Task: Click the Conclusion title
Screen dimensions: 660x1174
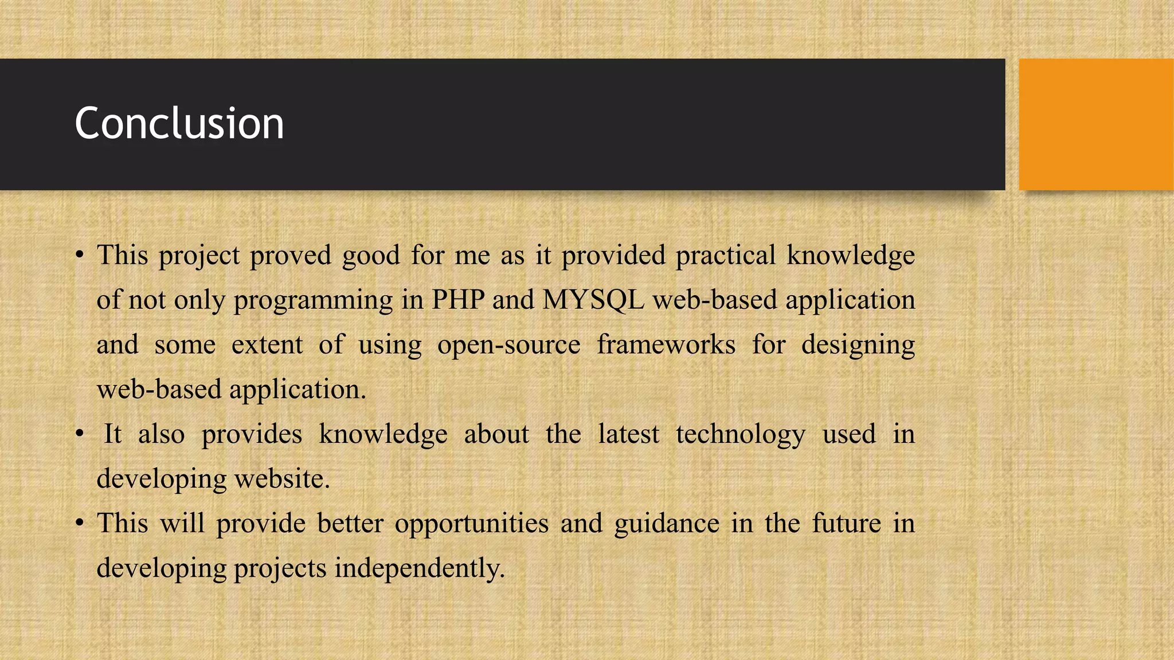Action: pyautogui.click(x=179, y=124)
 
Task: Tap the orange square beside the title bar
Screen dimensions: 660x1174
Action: pyautogui.click(x=1096, y=124)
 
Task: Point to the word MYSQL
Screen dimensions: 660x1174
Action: pyautogui.click(x=593, y=300)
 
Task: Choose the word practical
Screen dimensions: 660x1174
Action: pyautogui.click(x=725, y=256)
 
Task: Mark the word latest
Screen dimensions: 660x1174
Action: pyautogui.click(x=628, y=434)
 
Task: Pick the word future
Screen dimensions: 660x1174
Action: pyautogui.click(x=846, y=523)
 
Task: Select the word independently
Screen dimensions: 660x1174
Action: pyautogui.click(x=420, y=568)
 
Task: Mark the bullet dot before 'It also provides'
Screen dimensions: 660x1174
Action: pyautogui.click(x=80, y=434)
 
